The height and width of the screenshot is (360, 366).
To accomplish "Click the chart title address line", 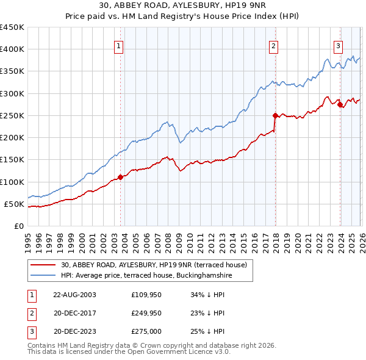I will click(183, 7).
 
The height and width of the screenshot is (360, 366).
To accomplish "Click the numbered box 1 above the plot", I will click(118, 45).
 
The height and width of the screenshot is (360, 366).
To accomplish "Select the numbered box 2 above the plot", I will click(274, 45).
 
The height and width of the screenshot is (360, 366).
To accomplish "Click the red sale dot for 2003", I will click(120, 177).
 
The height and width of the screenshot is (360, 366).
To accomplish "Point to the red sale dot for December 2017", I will click(275, 115).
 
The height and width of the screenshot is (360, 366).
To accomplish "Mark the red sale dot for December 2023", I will click(340, 104).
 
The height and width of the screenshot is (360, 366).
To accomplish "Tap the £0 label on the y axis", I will click(18, 226).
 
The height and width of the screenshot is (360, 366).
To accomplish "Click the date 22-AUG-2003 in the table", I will click(74, 295).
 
